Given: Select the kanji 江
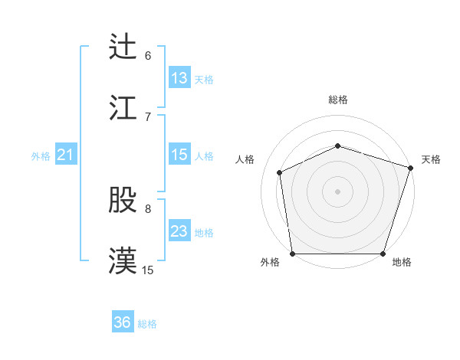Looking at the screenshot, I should click(123, 107).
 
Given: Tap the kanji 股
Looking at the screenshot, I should click(123, 200).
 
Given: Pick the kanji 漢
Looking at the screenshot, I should click(123, 260).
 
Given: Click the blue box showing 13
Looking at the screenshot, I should click(179, 78).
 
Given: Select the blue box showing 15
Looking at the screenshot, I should click(179, 155).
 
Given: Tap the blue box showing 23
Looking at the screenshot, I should click(179, 231).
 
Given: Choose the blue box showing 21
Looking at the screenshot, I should click(65, 155).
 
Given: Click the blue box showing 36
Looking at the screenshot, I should click(123, 322).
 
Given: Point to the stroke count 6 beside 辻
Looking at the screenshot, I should click(148, 56).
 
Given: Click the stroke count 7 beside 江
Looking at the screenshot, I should click(148, 116).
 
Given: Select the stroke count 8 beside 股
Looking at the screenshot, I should click(148, 208).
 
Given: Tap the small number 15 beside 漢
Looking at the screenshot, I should click(148, 270).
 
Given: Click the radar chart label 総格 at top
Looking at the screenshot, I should click(338, 100).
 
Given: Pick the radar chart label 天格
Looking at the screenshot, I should click(431, 159).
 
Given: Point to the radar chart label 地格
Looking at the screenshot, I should click(402, 262).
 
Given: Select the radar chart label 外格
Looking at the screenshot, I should click(270, 262).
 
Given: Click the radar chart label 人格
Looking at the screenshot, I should click(245, 159).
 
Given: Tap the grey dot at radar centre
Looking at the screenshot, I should click(337, 191).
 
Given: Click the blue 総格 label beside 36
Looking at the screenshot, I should click(147, 324).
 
